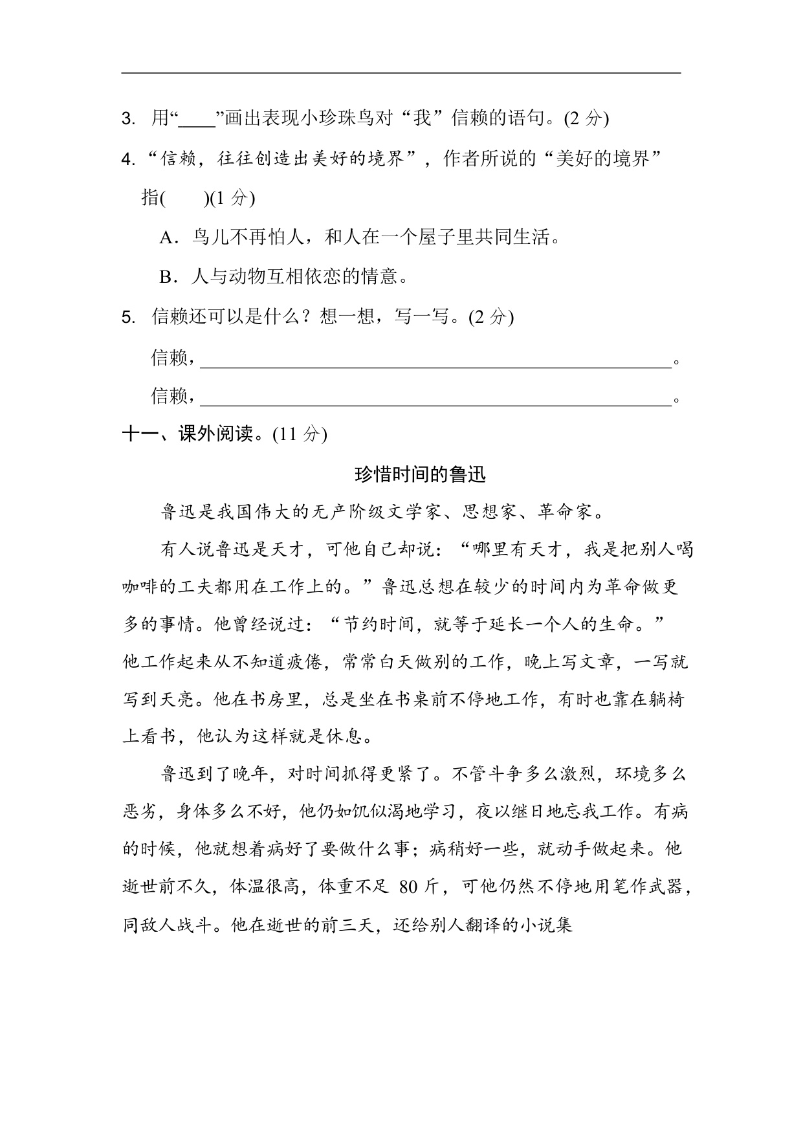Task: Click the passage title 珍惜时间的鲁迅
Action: pyautogui.click(x=420, y=475)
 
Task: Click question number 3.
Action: pyautogui.click(x=128, y=119)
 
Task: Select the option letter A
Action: pyautogui.click(x=167, y=237)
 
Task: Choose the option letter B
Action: pyautogui.click(x=167, y=278)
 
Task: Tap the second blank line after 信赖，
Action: pyautogui.click(x=435, y=399)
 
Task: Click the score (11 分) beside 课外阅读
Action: pyautogui.click(x=300, y=434)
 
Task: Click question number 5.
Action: pyautogui.click(x=128, y=317)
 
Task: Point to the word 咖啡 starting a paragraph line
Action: pyautogui.click(x=140, y=587)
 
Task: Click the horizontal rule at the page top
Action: pyautogui.click(x=401, y=73)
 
